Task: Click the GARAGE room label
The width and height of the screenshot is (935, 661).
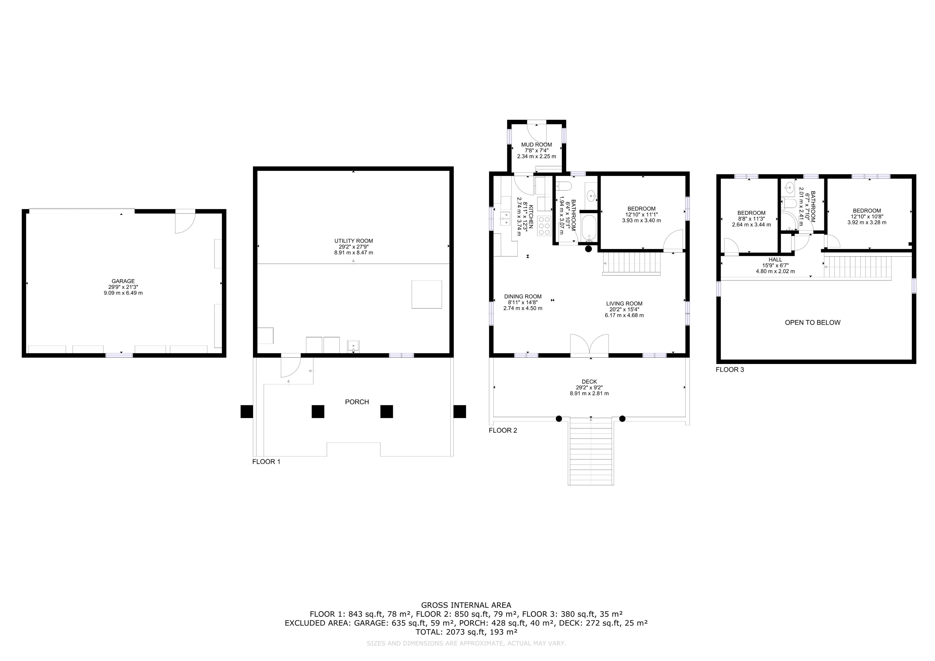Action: pos(123,281)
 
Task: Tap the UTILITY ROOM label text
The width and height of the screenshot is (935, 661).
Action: pos(354,241)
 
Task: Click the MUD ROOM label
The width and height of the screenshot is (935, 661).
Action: pos(536,145)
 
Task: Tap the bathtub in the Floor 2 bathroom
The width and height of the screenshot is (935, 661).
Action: pos(589,228)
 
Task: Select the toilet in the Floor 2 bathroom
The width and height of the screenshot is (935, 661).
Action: pos(564,186)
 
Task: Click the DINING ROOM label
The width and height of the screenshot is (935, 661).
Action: pos(523,297)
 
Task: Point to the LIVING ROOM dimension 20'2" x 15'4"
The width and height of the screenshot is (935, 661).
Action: pos(624,309)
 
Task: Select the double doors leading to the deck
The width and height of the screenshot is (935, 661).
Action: pos(589,345)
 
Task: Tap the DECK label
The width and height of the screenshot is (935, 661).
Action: pos(589,382)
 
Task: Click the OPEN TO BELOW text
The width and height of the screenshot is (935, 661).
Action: pos(813,323)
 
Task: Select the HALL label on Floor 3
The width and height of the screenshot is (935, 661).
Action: pos(775,260)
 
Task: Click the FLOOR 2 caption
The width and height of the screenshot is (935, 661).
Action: pos(503,430)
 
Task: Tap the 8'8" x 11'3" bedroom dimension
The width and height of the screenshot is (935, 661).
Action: pos(751,219)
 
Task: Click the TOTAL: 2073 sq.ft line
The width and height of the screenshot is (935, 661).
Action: pos(466,632)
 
